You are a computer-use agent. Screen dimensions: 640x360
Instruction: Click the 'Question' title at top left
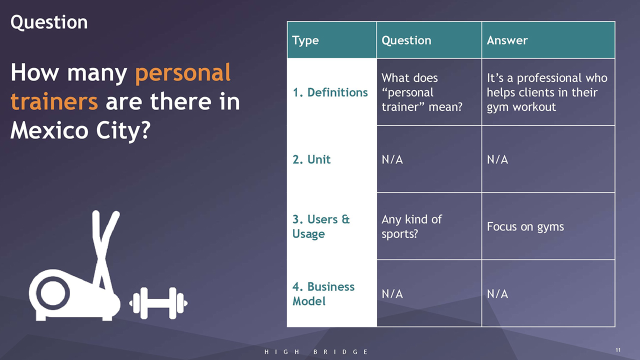(49, 22)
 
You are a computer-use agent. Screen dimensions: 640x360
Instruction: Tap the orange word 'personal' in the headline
(183, 73)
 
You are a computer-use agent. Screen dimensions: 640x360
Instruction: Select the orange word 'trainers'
(54, 101)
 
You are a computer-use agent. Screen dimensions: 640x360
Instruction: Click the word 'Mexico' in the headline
(49, 130)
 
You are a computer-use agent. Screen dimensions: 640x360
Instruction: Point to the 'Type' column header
(305, 40)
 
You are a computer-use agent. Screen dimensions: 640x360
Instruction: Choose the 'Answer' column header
(507, 40)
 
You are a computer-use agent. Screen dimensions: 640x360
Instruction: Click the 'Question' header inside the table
(406, 40)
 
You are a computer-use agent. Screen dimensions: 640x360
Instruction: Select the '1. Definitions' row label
(330, 92)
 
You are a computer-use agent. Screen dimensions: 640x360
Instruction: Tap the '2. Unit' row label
(311, 159)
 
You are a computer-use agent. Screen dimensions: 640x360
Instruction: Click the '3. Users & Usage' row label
(321, 226)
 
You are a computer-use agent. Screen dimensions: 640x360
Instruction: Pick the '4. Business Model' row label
(323, 293)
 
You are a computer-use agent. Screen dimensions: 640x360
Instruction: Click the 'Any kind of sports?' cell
(411, 226)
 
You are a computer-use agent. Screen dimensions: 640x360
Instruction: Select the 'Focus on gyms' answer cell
(525, 227)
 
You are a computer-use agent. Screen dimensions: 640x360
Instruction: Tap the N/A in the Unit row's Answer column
(497, 159)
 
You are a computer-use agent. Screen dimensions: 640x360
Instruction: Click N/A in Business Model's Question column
(392, 293)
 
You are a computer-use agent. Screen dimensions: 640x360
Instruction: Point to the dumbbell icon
(158, 303)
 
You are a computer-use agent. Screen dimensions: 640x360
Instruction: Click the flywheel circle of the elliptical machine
(53, 293)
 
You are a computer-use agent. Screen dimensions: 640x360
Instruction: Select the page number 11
(618, 350)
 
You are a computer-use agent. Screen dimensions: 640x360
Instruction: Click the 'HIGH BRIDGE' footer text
(316, 351)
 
